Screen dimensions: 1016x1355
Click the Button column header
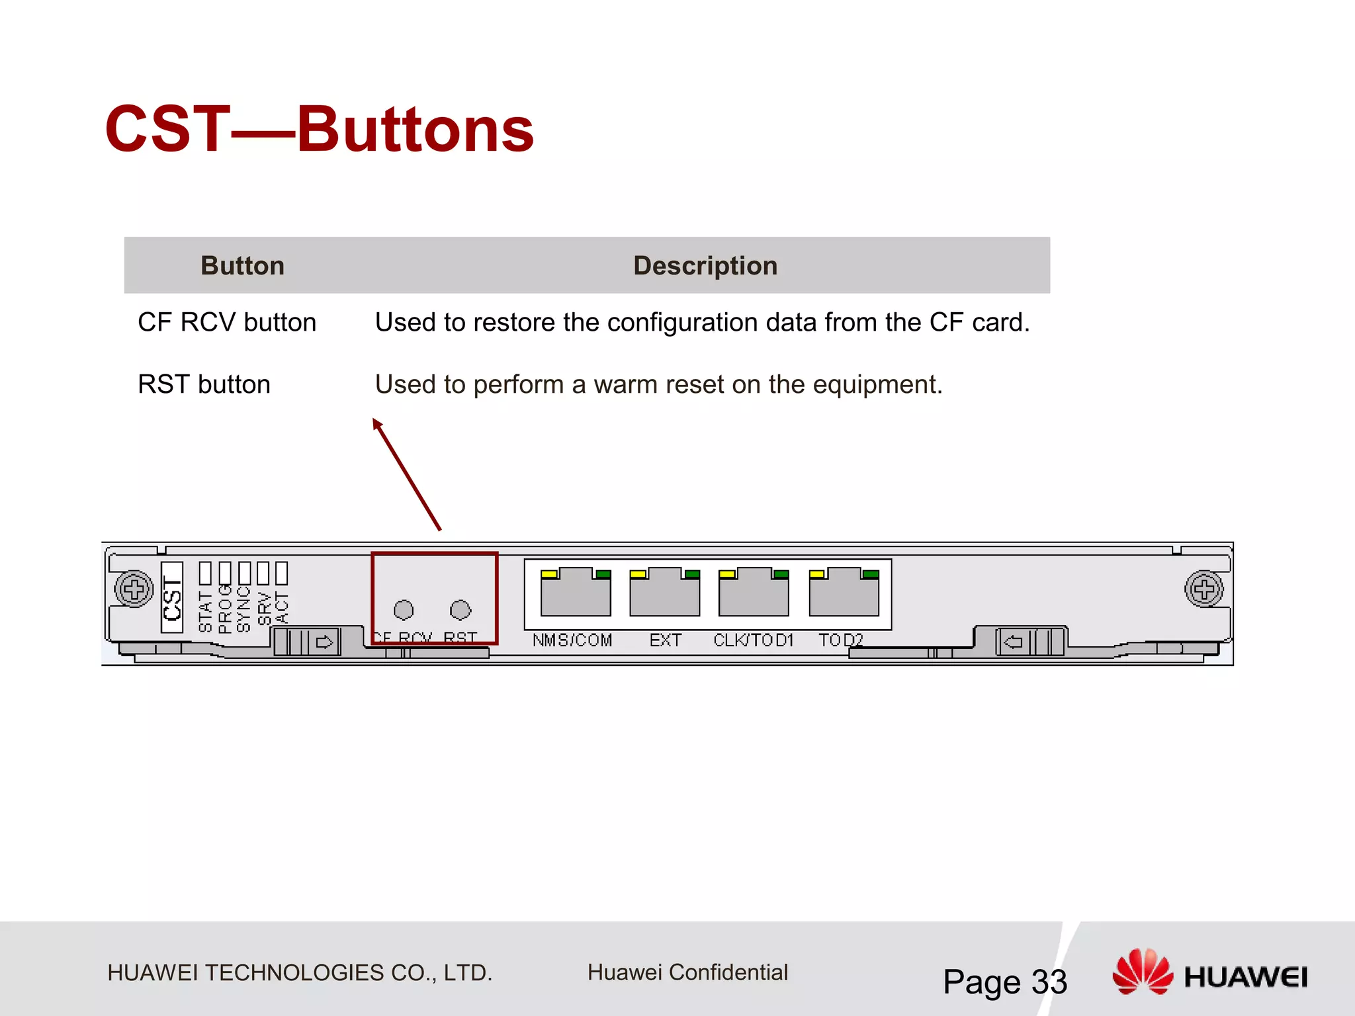tap(242, 266)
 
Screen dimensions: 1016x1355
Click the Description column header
tap(705, 266)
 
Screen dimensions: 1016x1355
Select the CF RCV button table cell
tap(227, 323)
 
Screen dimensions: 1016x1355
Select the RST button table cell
tap(204, 384)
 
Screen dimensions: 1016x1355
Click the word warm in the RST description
tap(623, 384)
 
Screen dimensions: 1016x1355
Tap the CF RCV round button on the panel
tap(404, 609)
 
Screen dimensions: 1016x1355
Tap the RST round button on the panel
tap(460, 609)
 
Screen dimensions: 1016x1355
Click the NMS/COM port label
tap(572, 640)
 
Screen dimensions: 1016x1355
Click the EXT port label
tap(665, 640)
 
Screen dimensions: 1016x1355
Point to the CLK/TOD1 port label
tap(753, 640)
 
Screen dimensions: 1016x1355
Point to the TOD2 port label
tap(840, 640)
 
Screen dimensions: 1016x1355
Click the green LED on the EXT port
tap(692, 574)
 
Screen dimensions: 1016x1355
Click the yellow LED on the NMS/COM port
tap(549, 574)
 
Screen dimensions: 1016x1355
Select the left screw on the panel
tap(134, 589)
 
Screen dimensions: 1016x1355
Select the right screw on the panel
tap(1203, 589)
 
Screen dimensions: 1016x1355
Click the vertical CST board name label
tap(172, 597)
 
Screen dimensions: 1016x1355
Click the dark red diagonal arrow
tap(407, 474)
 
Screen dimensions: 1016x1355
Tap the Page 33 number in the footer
tap(1004, 982)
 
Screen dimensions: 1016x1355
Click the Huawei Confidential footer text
tap(687, 972)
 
